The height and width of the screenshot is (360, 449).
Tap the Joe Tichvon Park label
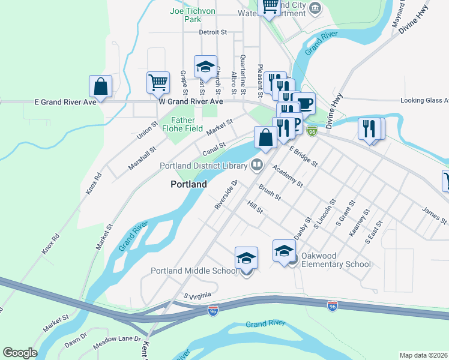pyautogui.click(x=192, y=15)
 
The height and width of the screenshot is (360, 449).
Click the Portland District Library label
pyautogui.click(x=204, y=166)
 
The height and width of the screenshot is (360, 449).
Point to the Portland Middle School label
pyautogui.click(x=194, y=271)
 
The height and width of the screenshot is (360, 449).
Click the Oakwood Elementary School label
pyautogui.click(x=336, y=264)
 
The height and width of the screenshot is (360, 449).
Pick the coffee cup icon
pyautogui.click(x=305, y=103)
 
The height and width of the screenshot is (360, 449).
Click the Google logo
pyautogui.click(x=20, y=353)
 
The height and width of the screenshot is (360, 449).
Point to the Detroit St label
pyautogui.click(x=213, y=32)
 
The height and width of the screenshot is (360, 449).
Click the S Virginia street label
pyautogui.click(x=199, y=296)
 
